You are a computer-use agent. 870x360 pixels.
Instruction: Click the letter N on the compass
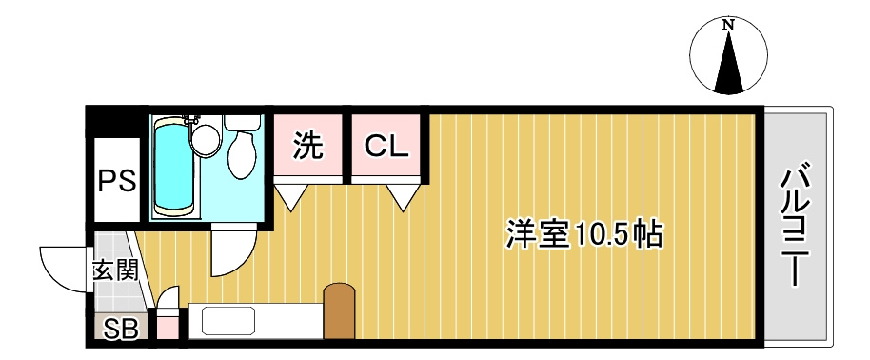728,26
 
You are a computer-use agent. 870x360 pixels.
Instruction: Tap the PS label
117,179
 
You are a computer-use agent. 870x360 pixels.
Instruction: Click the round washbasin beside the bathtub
204,140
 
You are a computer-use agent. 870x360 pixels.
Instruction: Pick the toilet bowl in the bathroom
242,152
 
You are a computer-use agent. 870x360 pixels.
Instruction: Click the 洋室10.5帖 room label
583,232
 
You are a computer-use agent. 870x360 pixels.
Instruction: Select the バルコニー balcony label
797,227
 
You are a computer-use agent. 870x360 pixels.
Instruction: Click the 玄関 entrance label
115,270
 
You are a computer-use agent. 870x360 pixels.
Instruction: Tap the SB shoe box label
120,330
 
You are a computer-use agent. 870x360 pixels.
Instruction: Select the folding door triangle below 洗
291,196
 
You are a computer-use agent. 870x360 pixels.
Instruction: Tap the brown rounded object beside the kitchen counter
339,310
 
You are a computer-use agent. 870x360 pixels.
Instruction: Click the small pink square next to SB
167,330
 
